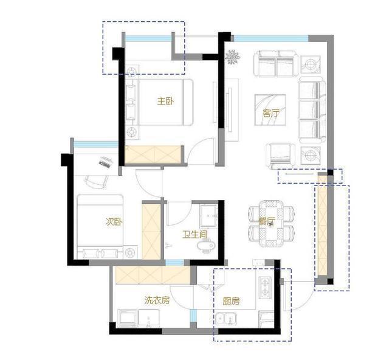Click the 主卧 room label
click(165, 101)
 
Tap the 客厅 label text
click(270, 114)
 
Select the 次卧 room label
click(114, 222)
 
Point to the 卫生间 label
click(195, 234)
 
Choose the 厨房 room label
click(231, 302)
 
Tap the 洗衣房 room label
click(157, 300)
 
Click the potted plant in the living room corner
click(232, 57)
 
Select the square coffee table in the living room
click(270, 110)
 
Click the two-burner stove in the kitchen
click(265, 287)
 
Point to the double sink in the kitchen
click(226, 319)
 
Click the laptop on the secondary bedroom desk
click(106, 162)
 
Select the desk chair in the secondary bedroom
click(97, 181)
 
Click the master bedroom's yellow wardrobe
click(153, 154)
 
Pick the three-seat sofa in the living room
click(312, 109)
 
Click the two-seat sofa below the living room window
click(275, 64)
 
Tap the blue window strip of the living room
click(271, 38)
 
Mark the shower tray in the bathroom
click(209, 216)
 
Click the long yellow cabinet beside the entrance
click(323, 226)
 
